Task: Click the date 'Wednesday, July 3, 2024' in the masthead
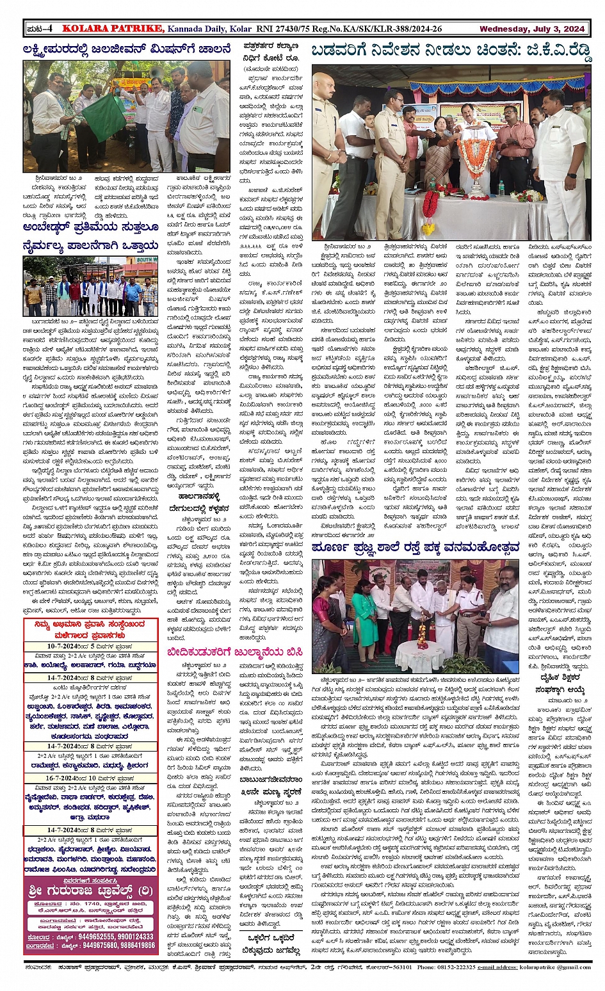click(x=531, y=29)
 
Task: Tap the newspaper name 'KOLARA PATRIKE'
click(x=113, y=29)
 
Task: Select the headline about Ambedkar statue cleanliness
click(x=90, y=236)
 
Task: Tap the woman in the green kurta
click(x=364, y=615)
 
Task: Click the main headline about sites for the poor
click(x=451, y=51)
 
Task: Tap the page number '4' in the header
click(x=49, y=29)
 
